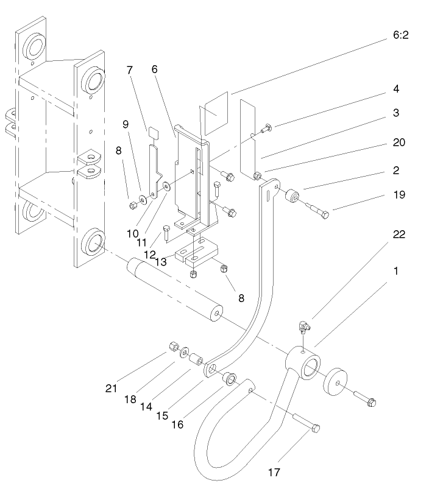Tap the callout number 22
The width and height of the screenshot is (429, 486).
pyautogui.click(x=399, y=234)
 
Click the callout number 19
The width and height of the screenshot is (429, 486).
pyautogui.click(x=399, y=195)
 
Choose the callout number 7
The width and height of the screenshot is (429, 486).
pyautogui.click(x=129, y=71)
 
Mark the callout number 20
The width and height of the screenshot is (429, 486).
pyautogui.click(x=399, y=143)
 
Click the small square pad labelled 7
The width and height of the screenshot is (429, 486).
pyautogui.click(x=154, y=130)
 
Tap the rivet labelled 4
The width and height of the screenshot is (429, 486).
pyautogui.click(x=266, y=129)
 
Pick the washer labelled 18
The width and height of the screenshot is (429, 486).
pyautogui.click(x=184, y=353)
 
